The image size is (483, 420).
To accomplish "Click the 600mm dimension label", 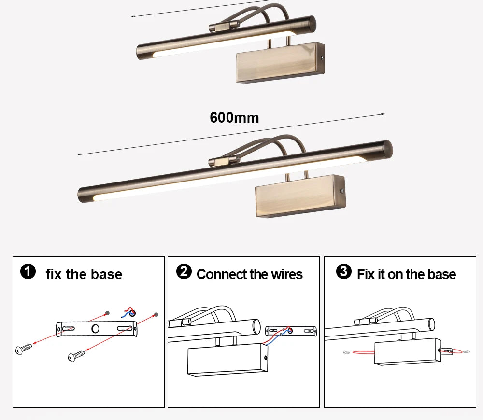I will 234,118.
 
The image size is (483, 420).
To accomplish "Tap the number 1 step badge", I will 28,272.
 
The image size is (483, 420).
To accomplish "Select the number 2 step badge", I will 184,272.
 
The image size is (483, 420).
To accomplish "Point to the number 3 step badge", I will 343,272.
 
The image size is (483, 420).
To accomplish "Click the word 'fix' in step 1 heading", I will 54,274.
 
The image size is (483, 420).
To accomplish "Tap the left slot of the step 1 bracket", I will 68,328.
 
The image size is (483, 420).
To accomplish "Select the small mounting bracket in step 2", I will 291,331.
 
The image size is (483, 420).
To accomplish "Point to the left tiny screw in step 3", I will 346,353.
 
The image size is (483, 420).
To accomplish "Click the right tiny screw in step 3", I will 466,351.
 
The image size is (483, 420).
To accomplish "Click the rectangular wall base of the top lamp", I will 280,63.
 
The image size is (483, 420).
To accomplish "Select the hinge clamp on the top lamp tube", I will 224,26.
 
